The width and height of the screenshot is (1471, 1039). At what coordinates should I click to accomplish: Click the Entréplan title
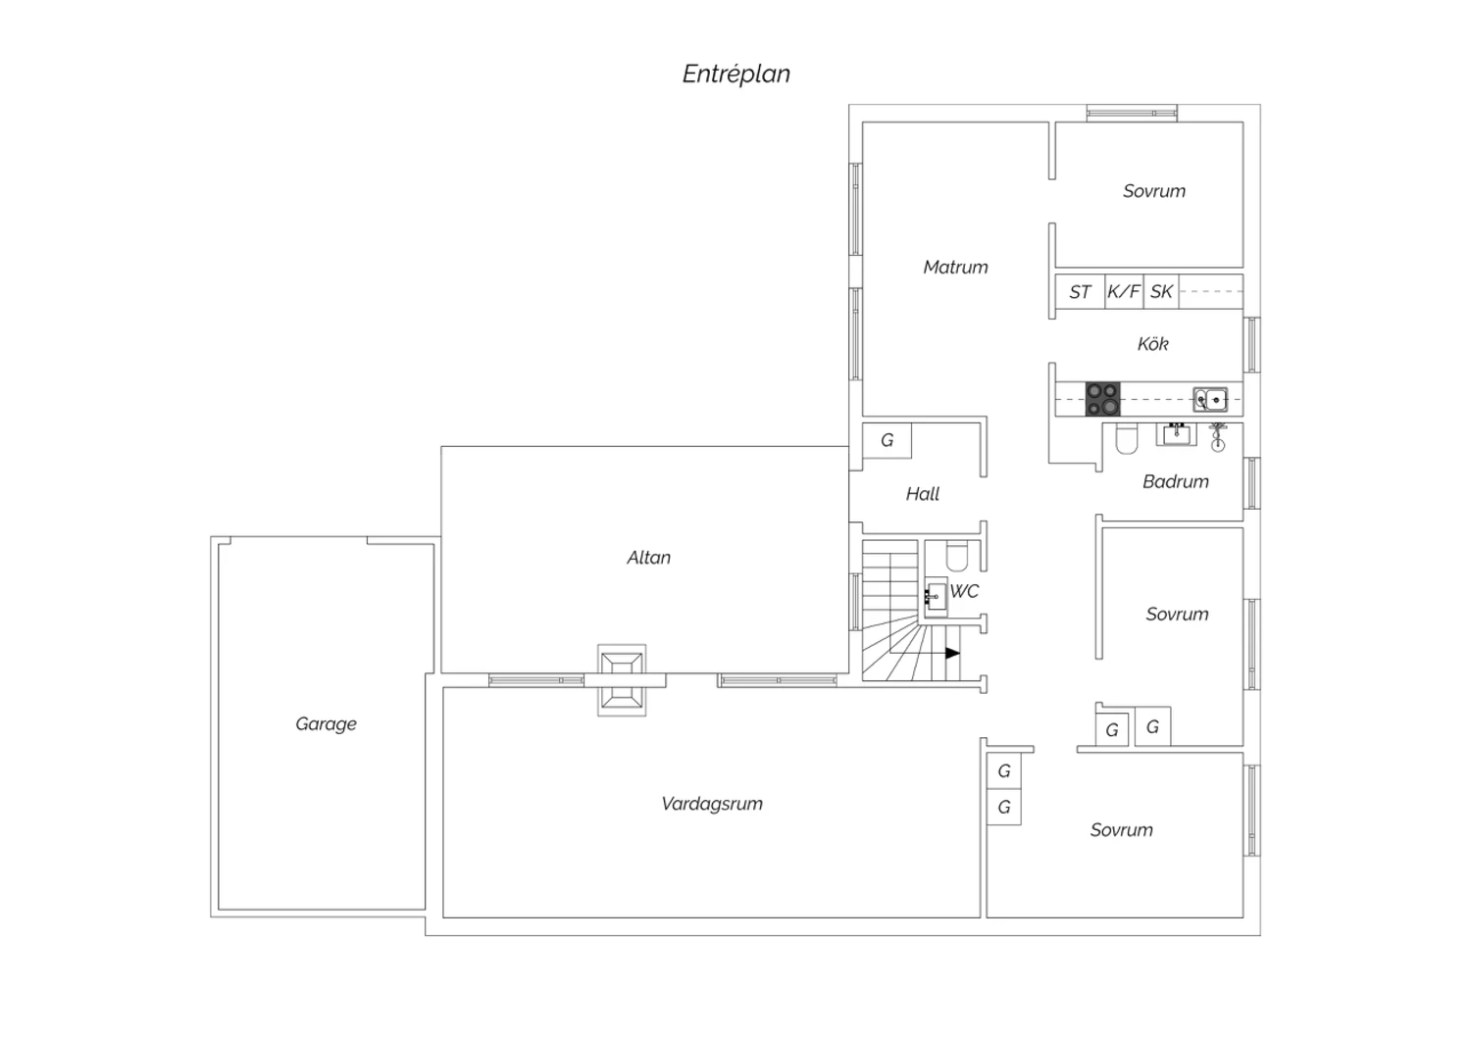point(736,74)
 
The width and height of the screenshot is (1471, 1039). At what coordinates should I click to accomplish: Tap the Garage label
point(326,724)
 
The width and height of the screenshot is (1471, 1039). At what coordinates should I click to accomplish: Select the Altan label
point(649,558)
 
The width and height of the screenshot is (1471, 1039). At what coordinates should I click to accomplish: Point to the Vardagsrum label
point(712,804)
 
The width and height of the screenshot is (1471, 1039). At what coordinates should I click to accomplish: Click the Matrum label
point(955,268)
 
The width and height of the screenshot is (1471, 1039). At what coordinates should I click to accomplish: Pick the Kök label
point(1152,344)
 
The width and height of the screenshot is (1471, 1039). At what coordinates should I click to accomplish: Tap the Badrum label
point(1176,481)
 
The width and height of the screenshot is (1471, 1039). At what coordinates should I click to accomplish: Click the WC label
point(964,591)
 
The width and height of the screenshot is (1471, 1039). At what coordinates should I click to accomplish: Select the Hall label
point(923,494)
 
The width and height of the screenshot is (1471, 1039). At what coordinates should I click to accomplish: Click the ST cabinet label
point(1080,292)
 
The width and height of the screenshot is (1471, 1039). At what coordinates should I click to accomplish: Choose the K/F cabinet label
point(1124,291)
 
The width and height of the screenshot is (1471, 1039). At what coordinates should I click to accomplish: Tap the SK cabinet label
point(1161,291)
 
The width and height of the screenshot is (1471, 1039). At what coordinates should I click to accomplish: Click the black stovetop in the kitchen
point(1102,399)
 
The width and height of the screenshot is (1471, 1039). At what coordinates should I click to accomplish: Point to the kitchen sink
point(1210,399)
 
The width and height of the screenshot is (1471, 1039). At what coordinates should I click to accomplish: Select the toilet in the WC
point(957,556)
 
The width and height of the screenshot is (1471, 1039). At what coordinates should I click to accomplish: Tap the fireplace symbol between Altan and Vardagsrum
point(621,680)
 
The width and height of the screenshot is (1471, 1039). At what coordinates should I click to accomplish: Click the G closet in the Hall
point(887,440)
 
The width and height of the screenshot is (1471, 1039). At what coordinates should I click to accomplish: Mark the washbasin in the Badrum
point(1176,434)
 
